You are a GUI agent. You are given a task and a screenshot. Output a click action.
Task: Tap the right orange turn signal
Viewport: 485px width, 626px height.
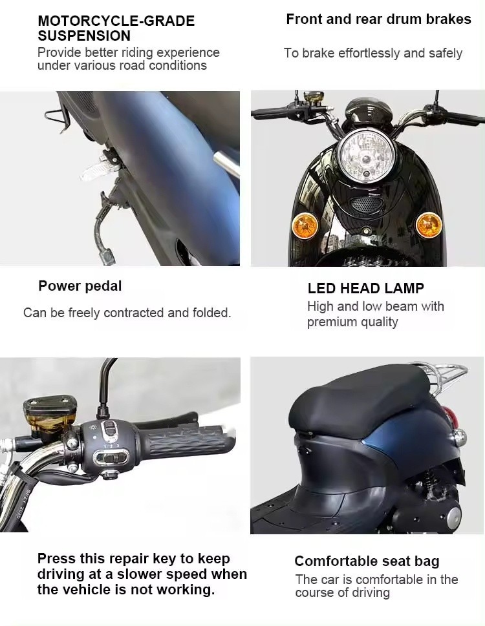[428, 225]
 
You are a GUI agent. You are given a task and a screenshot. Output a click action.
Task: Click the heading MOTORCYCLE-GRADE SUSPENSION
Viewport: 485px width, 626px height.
[116, 28]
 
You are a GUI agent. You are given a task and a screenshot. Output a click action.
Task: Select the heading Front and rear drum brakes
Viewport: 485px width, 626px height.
[378, 19]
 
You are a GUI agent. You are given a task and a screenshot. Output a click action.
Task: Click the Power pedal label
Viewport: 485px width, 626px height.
[80, 286]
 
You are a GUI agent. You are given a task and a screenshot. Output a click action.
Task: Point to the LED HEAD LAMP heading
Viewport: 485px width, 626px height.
[365, 288]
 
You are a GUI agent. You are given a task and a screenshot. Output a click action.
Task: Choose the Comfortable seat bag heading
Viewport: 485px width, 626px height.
[367, 561]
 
